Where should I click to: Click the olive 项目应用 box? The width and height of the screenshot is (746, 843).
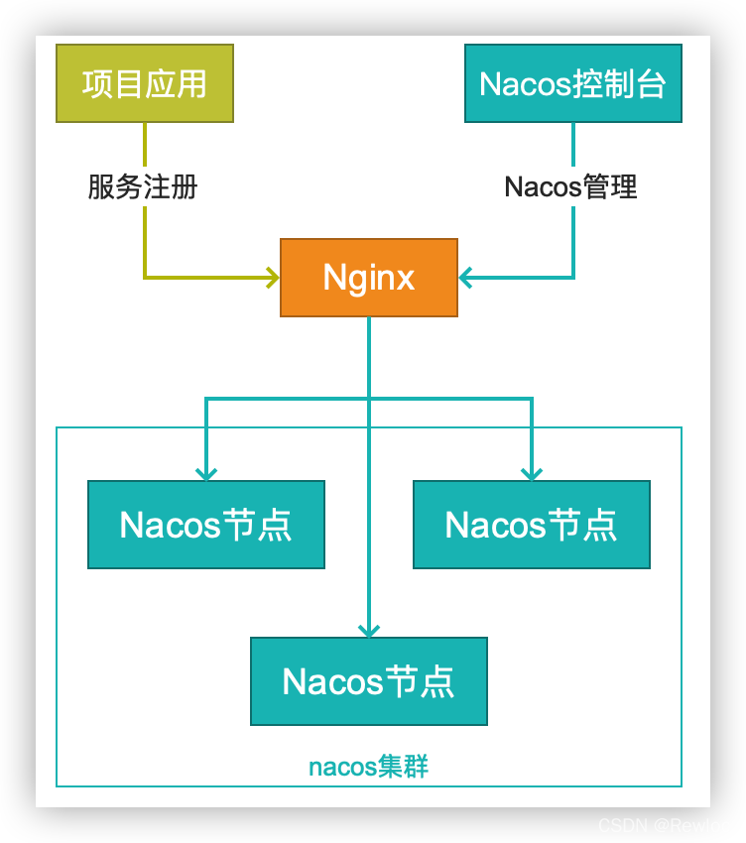(145, 83)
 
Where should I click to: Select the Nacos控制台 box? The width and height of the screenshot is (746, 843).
(572, 83)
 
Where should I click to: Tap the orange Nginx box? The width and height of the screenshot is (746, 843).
(369, 278)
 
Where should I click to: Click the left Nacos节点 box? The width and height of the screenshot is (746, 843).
(206, 525)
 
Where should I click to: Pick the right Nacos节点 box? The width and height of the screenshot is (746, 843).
(532, 525)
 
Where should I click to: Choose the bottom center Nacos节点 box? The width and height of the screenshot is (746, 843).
(369, 681)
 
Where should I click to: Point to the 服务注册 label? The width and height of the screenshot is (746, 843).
(143, 186)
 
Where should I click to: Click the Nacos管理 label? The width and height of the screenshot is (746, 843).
(570, 186)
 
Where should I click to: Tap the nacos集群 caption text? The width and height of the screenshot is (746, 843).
(369, 767)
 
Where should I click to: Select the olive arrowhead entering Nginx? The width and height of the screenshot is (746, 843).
(272, 278)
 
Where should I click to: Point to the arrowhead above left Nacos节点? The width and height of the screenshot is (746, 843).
(206, 473)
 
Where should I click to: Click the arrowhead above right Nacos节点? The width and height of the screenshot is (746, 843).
(532, 473)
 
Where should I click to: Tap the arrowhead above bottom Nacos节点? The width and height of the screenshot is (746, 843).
(369, 630)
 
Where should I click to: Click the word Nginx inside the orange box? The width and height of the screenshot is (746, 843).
(369, 278)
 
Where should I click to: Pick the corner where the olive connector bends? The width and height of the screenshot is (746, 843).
(145, 278)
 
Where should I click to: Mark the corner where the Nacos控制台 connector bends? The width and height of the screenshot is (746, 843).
(572, 278)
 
